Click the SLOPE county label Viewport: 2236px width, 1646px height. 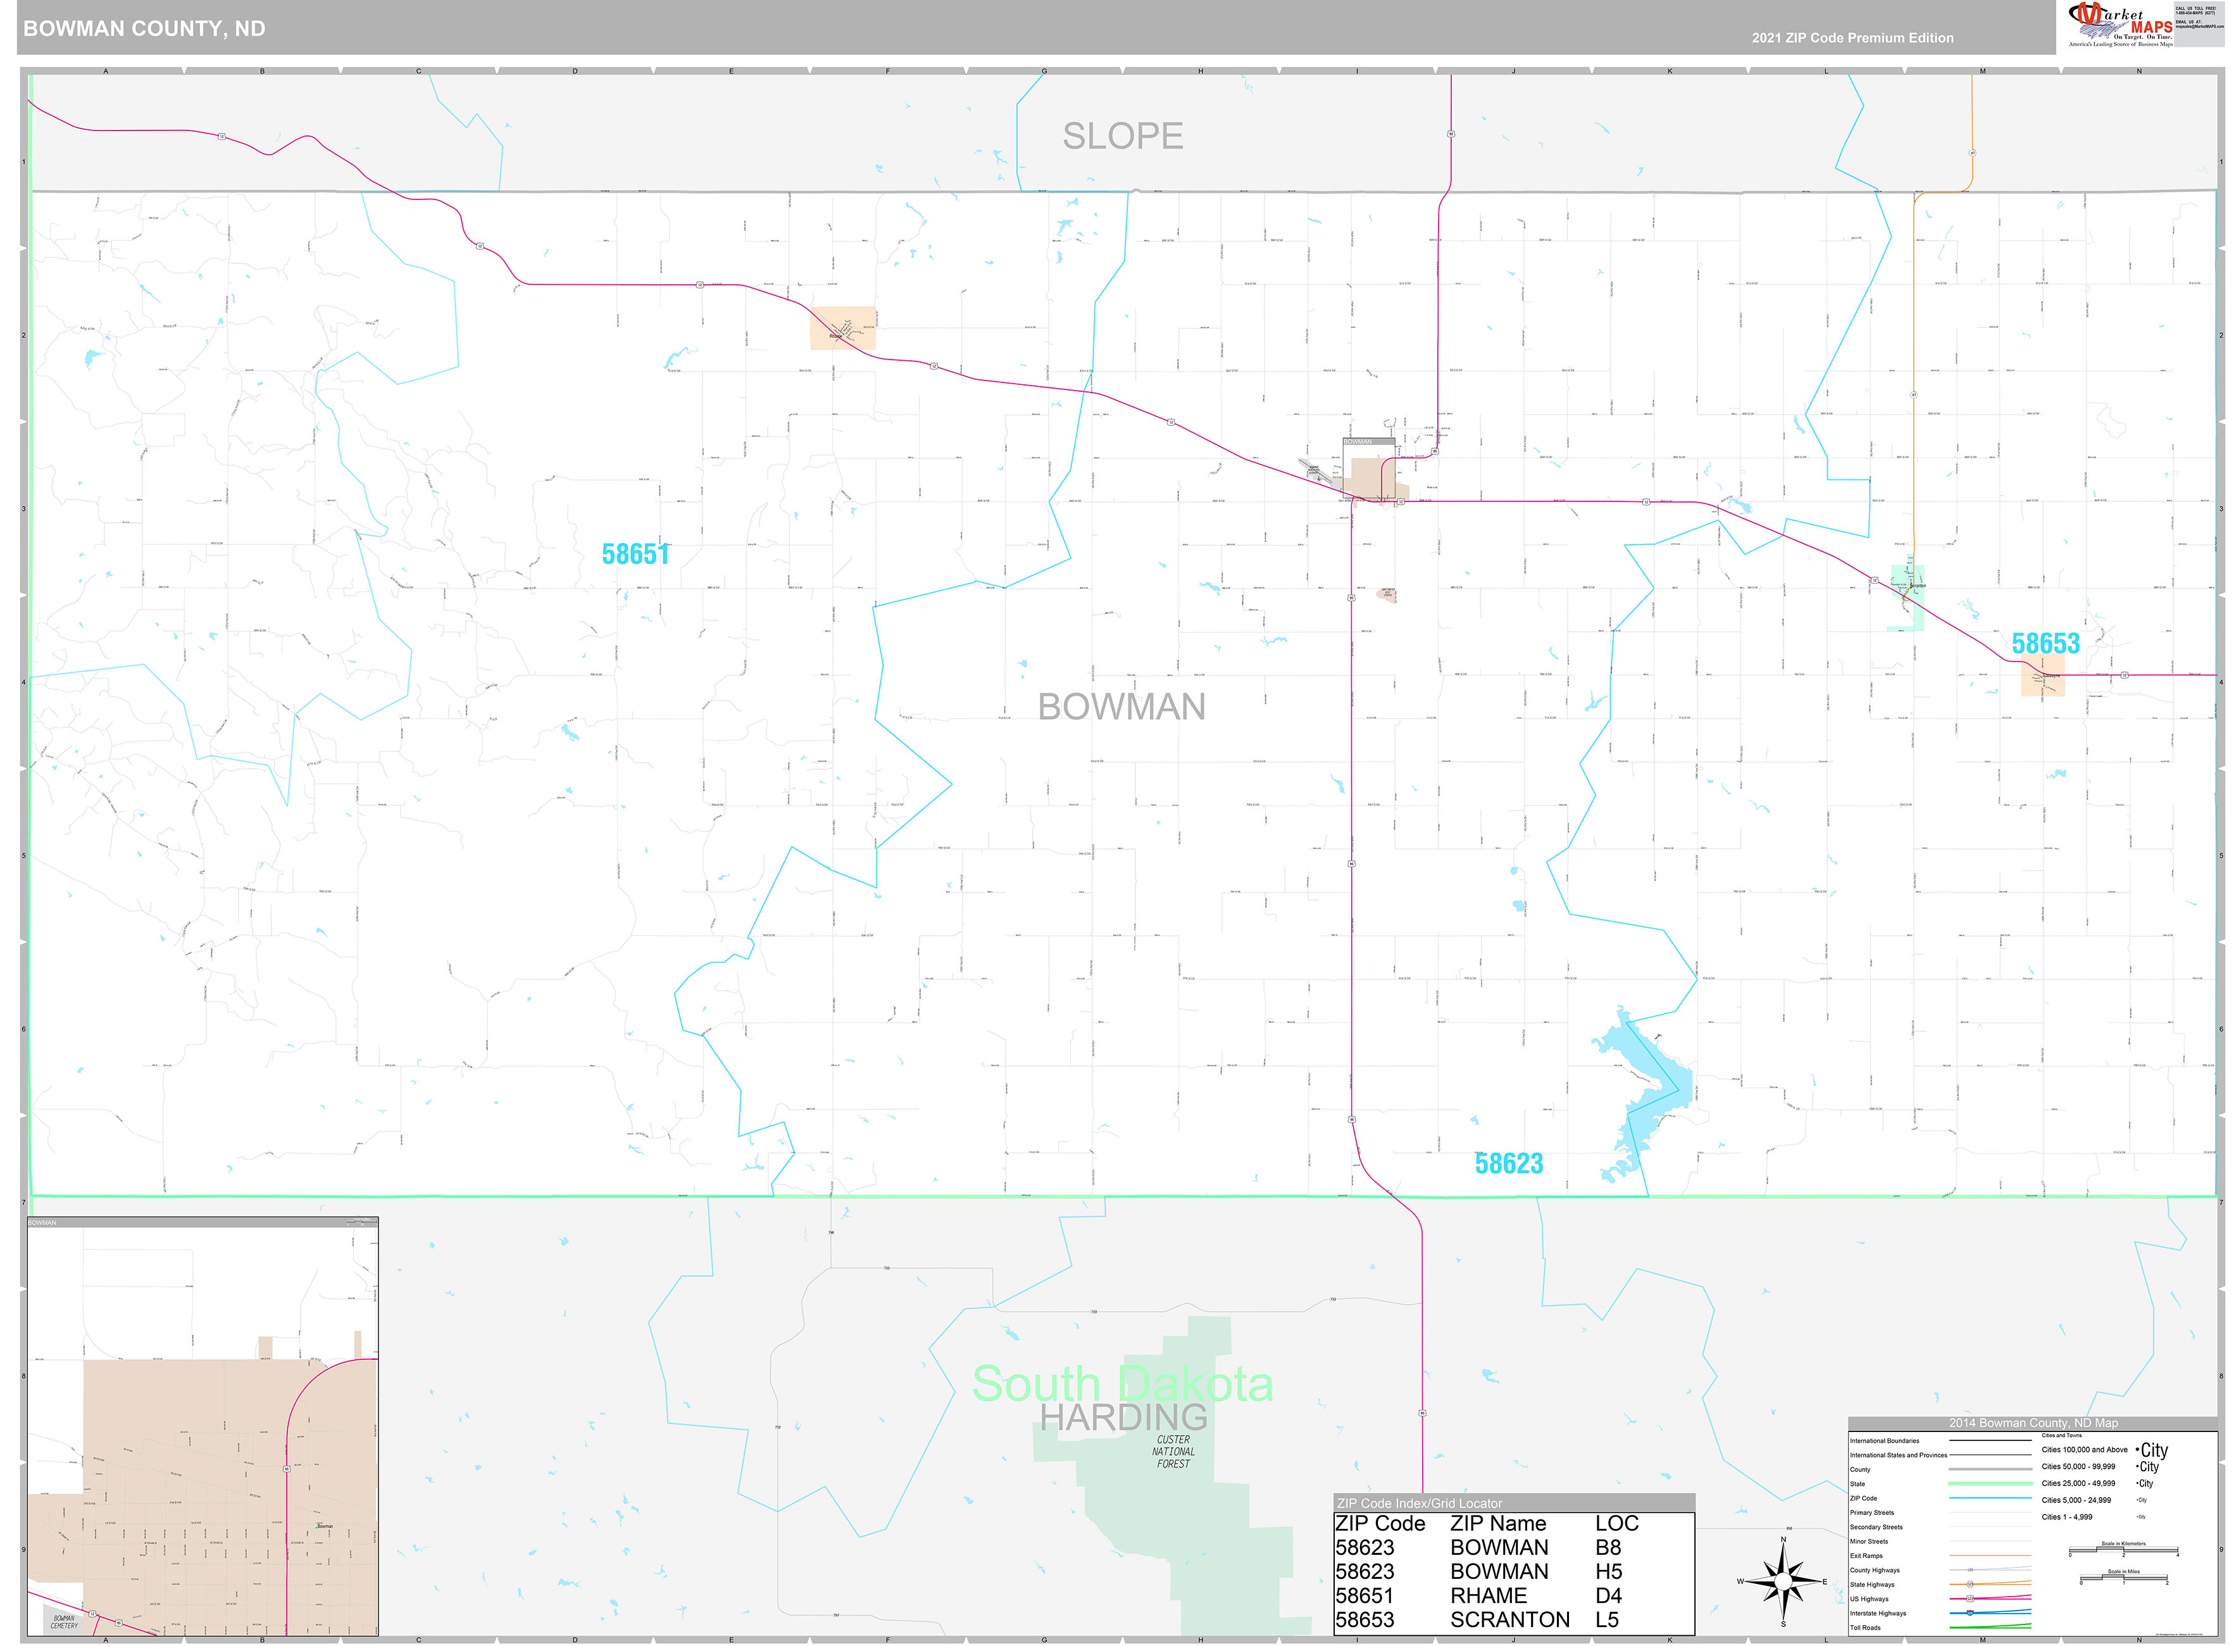[1123, 135]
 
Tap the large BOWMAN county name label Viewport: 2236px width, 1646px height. [1121, 707]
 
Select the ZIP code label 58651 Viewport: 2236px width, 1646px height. [635, 554]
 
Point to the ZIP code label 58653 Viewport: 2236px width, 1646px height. [2045, 644]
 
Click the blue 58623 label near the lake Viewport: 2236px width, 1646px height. [1508, 1163]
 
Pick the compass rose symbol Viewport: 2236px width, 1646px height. [1783, 1581]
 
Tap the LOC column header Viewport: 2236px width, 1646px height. [1616, 1523]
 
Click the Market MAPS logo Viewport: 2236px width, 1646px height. [2120, 25]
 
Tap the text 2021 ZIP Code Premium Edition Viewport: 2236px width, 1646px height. [1852, 38]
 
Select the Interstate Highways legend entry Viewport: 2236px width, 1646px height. [1877, 1613]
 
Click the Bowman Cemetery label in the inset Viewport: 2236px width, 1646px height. [64, 1622]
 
